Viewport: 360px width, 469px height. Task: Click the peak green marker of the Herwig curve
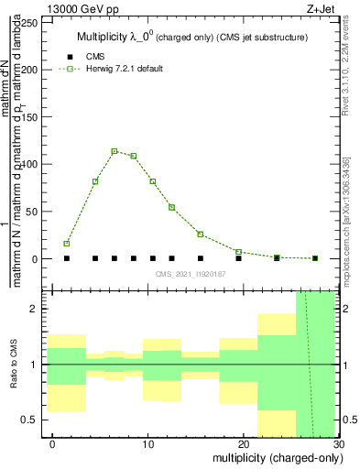coord(115,151)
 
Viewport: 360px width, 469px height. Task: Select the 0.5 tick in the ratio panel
coord(36,420)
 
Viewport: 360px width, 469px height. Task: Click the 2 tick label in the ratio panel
coord(36,310)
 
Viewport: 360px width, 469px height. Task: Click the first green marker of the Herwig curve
coord(67,244)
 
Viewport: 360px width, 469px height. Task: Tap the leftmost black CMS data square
coord(67,258)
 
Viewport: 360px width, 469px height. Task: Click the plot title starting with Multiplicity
coord(191,37)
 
